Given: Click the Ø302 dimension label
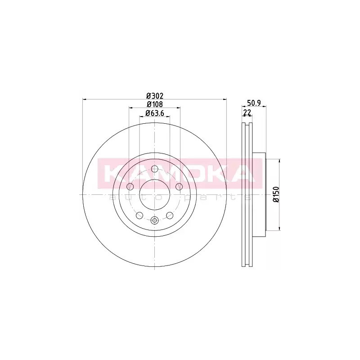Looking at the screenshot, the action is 155,95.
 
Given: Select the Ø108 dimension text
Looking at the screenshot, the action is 155,104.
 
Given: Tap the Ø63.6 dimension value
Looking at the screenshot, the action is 155,113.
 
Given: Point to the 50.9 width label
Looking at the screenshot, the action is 254,103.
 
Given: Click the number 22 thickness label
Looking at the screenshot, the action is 247,112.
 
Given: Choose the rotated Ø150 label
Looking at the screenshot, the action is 276,194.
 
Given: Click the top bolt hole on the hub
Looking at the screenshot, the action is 155,169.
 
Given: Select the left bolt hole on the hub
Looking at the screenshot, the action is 130,187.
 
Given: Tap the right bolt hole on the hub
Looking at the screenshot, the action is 179,187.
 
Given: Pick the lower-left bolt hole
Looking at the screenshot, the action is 139,216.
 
